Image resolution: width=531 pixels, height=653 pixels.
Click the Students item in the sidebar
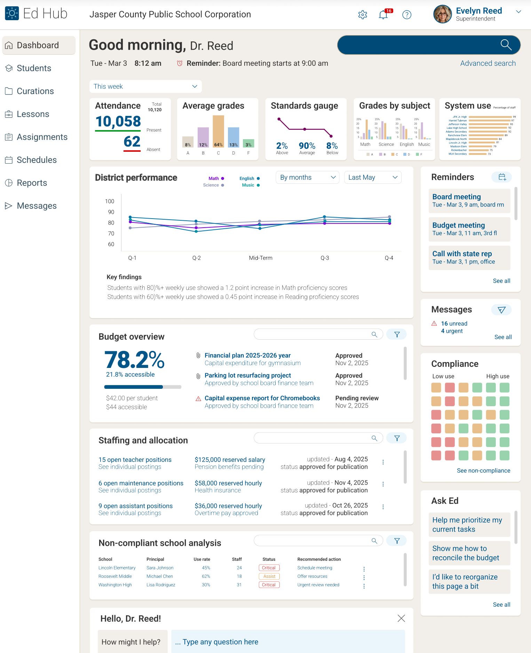(x=34, y=68)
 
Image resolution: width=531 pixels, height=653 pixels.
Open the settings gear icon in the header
(x=363, y=15)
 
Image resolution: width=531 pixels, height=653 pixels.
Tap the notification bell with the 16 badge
(x=383, y=15)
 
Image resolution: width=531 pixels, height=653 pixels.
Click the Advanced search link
(x=488, y=63)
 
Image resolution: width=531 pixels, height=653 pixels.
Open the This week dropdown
(x=145, y=86)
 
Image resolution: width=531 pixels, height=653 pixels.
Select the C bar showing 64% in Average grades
(x=218, y=132)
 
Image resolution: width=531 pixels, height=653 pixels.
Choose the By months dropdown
(x=307, y=178)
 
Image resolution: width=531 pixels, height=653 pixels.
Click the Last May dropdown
(x=372, y=178)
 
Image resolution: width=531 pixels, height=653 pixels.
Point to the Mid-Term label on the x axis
(x=261, y=258)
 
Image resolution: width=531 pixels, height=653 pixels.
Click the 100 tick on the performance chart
(x=110, y=201)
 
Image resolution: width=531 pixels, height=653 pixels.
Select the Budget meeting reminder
(x=469, y=229)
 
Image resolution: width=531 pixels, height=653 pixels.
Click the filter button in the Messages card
(x=501, y=310)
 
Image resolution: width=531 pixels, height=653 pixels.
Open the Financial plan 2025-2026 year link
(x=247, y=355)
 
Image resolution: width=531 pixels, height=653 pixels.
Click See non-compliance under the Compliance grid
(x=483, y=471)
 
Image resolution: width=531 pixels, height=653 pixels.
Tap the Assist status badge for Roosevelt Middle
(x=269, y=576)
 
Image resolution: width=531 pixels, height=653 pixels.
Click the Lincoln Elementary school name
(x=117, y=568)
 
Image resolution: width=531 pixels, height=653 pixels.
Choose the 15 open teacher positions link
(x=135, y=460)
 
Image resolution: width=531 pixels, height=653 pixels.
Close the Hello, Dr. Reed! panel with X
(x=401, y=618)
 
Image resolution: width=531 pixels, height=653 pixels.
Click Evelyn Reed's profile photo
(x=442, y=14)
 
